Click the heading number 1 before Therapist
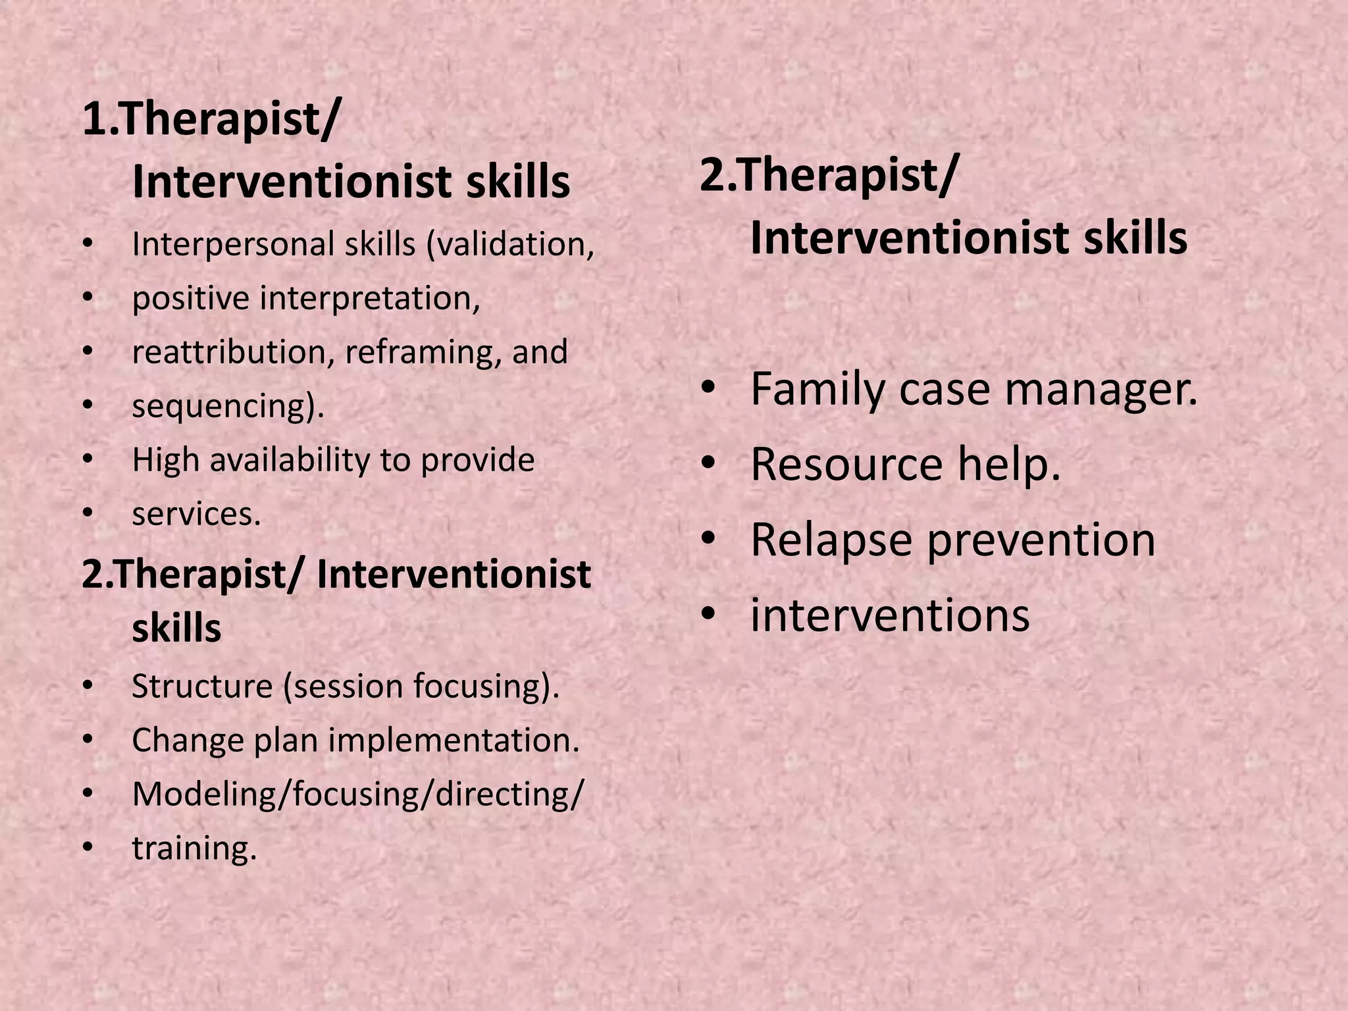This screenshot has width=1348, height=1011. (x=93, y=120)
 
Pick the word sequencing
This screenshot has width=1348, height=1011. (x=222, y=407)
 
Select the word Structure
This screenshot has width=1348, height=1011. (x=202, y=687)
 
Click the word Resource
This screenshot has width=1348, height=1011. (x=846, y=465)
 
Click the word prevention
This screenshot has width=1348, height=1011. (x=1041, y=541)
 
